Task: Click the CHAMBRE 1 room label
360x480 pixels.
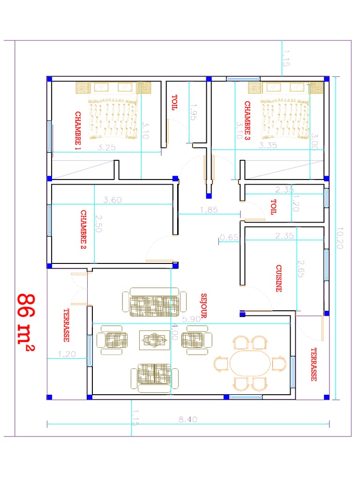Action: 78,131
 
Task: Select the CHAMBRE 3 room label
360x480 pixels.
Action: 247,121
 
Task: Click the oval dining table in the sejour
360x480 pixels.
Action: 250,363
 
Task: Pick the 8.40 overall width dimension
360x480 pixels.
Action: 187,420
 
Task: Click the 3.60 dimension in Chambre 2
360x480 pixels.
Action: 112,200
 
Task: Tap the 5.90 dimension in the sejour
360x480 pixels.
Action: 191,319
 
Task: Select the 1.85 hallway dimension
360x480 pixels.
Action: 209,210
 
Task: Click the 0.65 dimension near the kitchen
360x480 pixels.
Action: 229,237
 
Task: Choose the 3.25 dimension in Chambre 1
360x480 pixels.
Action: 107,147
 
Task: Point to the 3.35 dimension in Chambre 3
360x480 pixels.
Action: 268,146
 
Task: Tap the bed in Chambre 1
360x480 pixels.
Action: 114,112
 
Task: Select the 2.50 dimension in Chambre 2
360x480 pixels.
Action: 98,225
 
